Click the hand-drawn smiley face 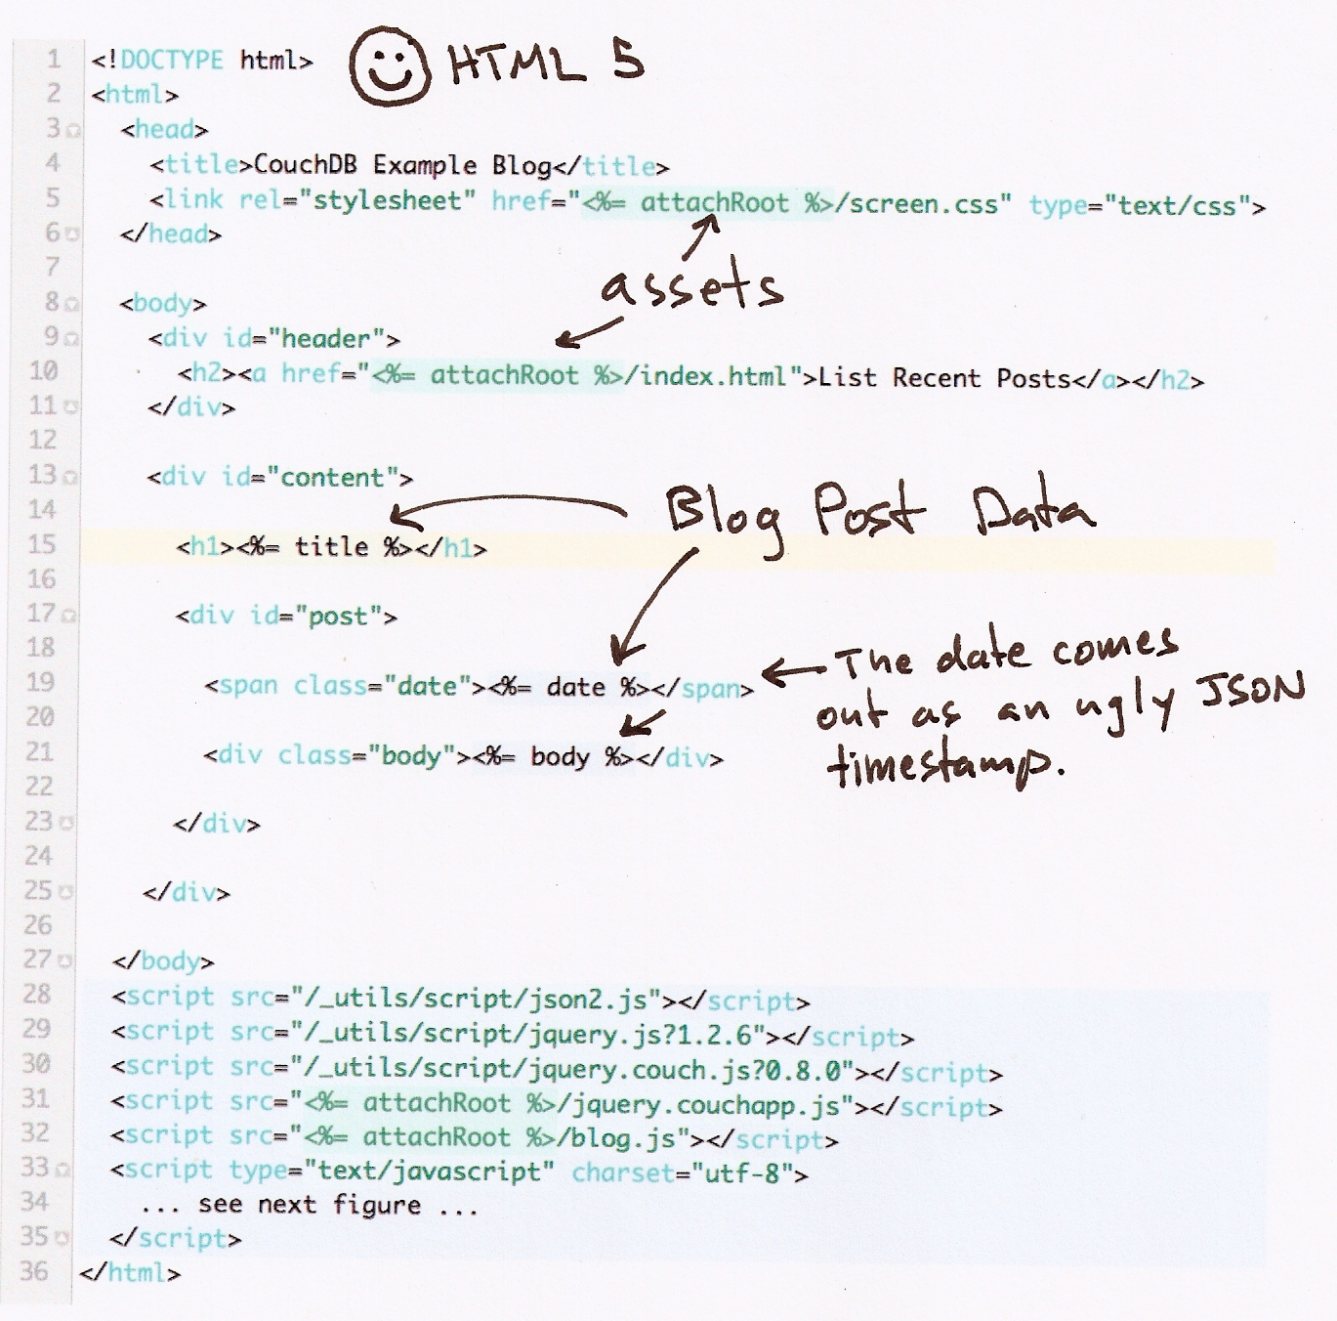pyautogui.click(x=388, y=66)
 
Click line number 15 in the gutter pyautogui.click(x=42, y=544)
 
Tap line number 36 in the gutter pyautogui.click(x=34, y=1270)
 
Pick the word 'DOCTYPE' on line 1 pyautogui.click(x=172, y=60)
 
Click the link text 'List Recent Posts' pyautogui.click(x=944, y=378)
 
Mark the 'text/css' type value pyautogui.click(x=1177, y=205)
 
